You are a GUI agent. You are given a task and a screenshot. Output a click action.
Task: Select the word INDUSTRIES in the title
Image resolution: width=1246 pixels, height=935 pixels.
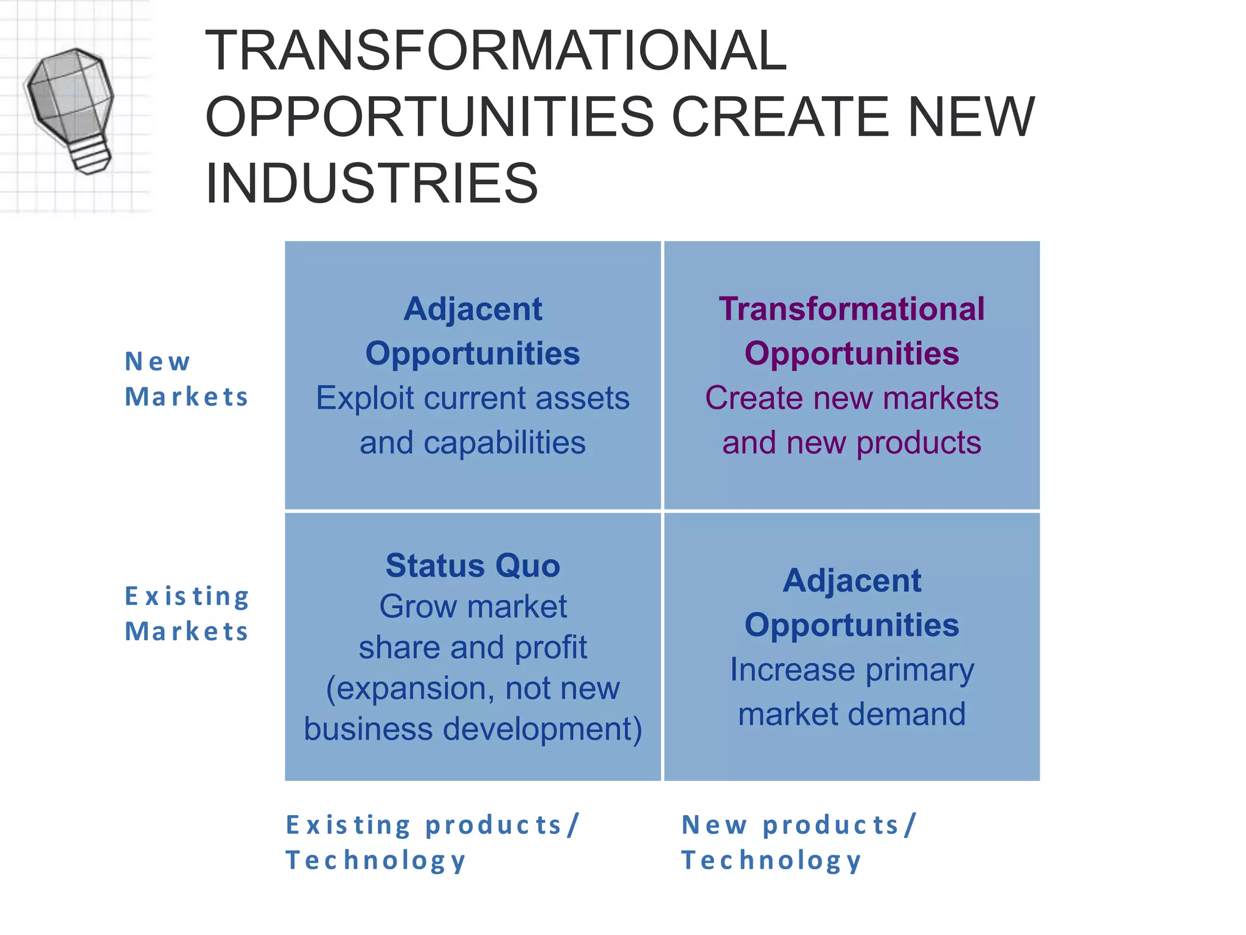[x=372, y=183]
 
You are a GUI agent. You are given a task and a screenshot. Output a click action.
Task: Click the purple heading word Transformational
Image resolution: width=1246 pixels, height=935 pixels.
[x=851, y=309]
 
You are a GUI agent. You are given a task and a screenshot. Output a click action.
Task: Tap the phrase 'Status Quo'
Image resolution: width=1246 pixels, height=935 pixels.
[x=473, y=566]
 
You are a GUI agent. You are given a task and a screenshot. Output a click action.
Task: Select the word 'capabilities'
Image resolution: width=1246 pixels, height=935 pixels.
[x=504, y=443]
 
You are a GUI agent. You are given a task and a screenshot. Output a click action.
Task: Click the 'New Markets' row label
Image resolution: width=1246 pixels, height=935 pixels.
[x=186, y=379]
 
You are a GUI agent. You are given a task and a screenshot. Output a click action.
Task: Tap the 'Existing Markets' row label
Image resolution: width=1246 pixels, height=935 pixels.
[x=186, y=614]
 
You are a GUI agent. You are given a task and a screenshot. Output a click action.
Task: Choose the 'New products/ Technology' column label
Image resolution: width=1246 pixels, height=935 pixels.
[x=798, y=842]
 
